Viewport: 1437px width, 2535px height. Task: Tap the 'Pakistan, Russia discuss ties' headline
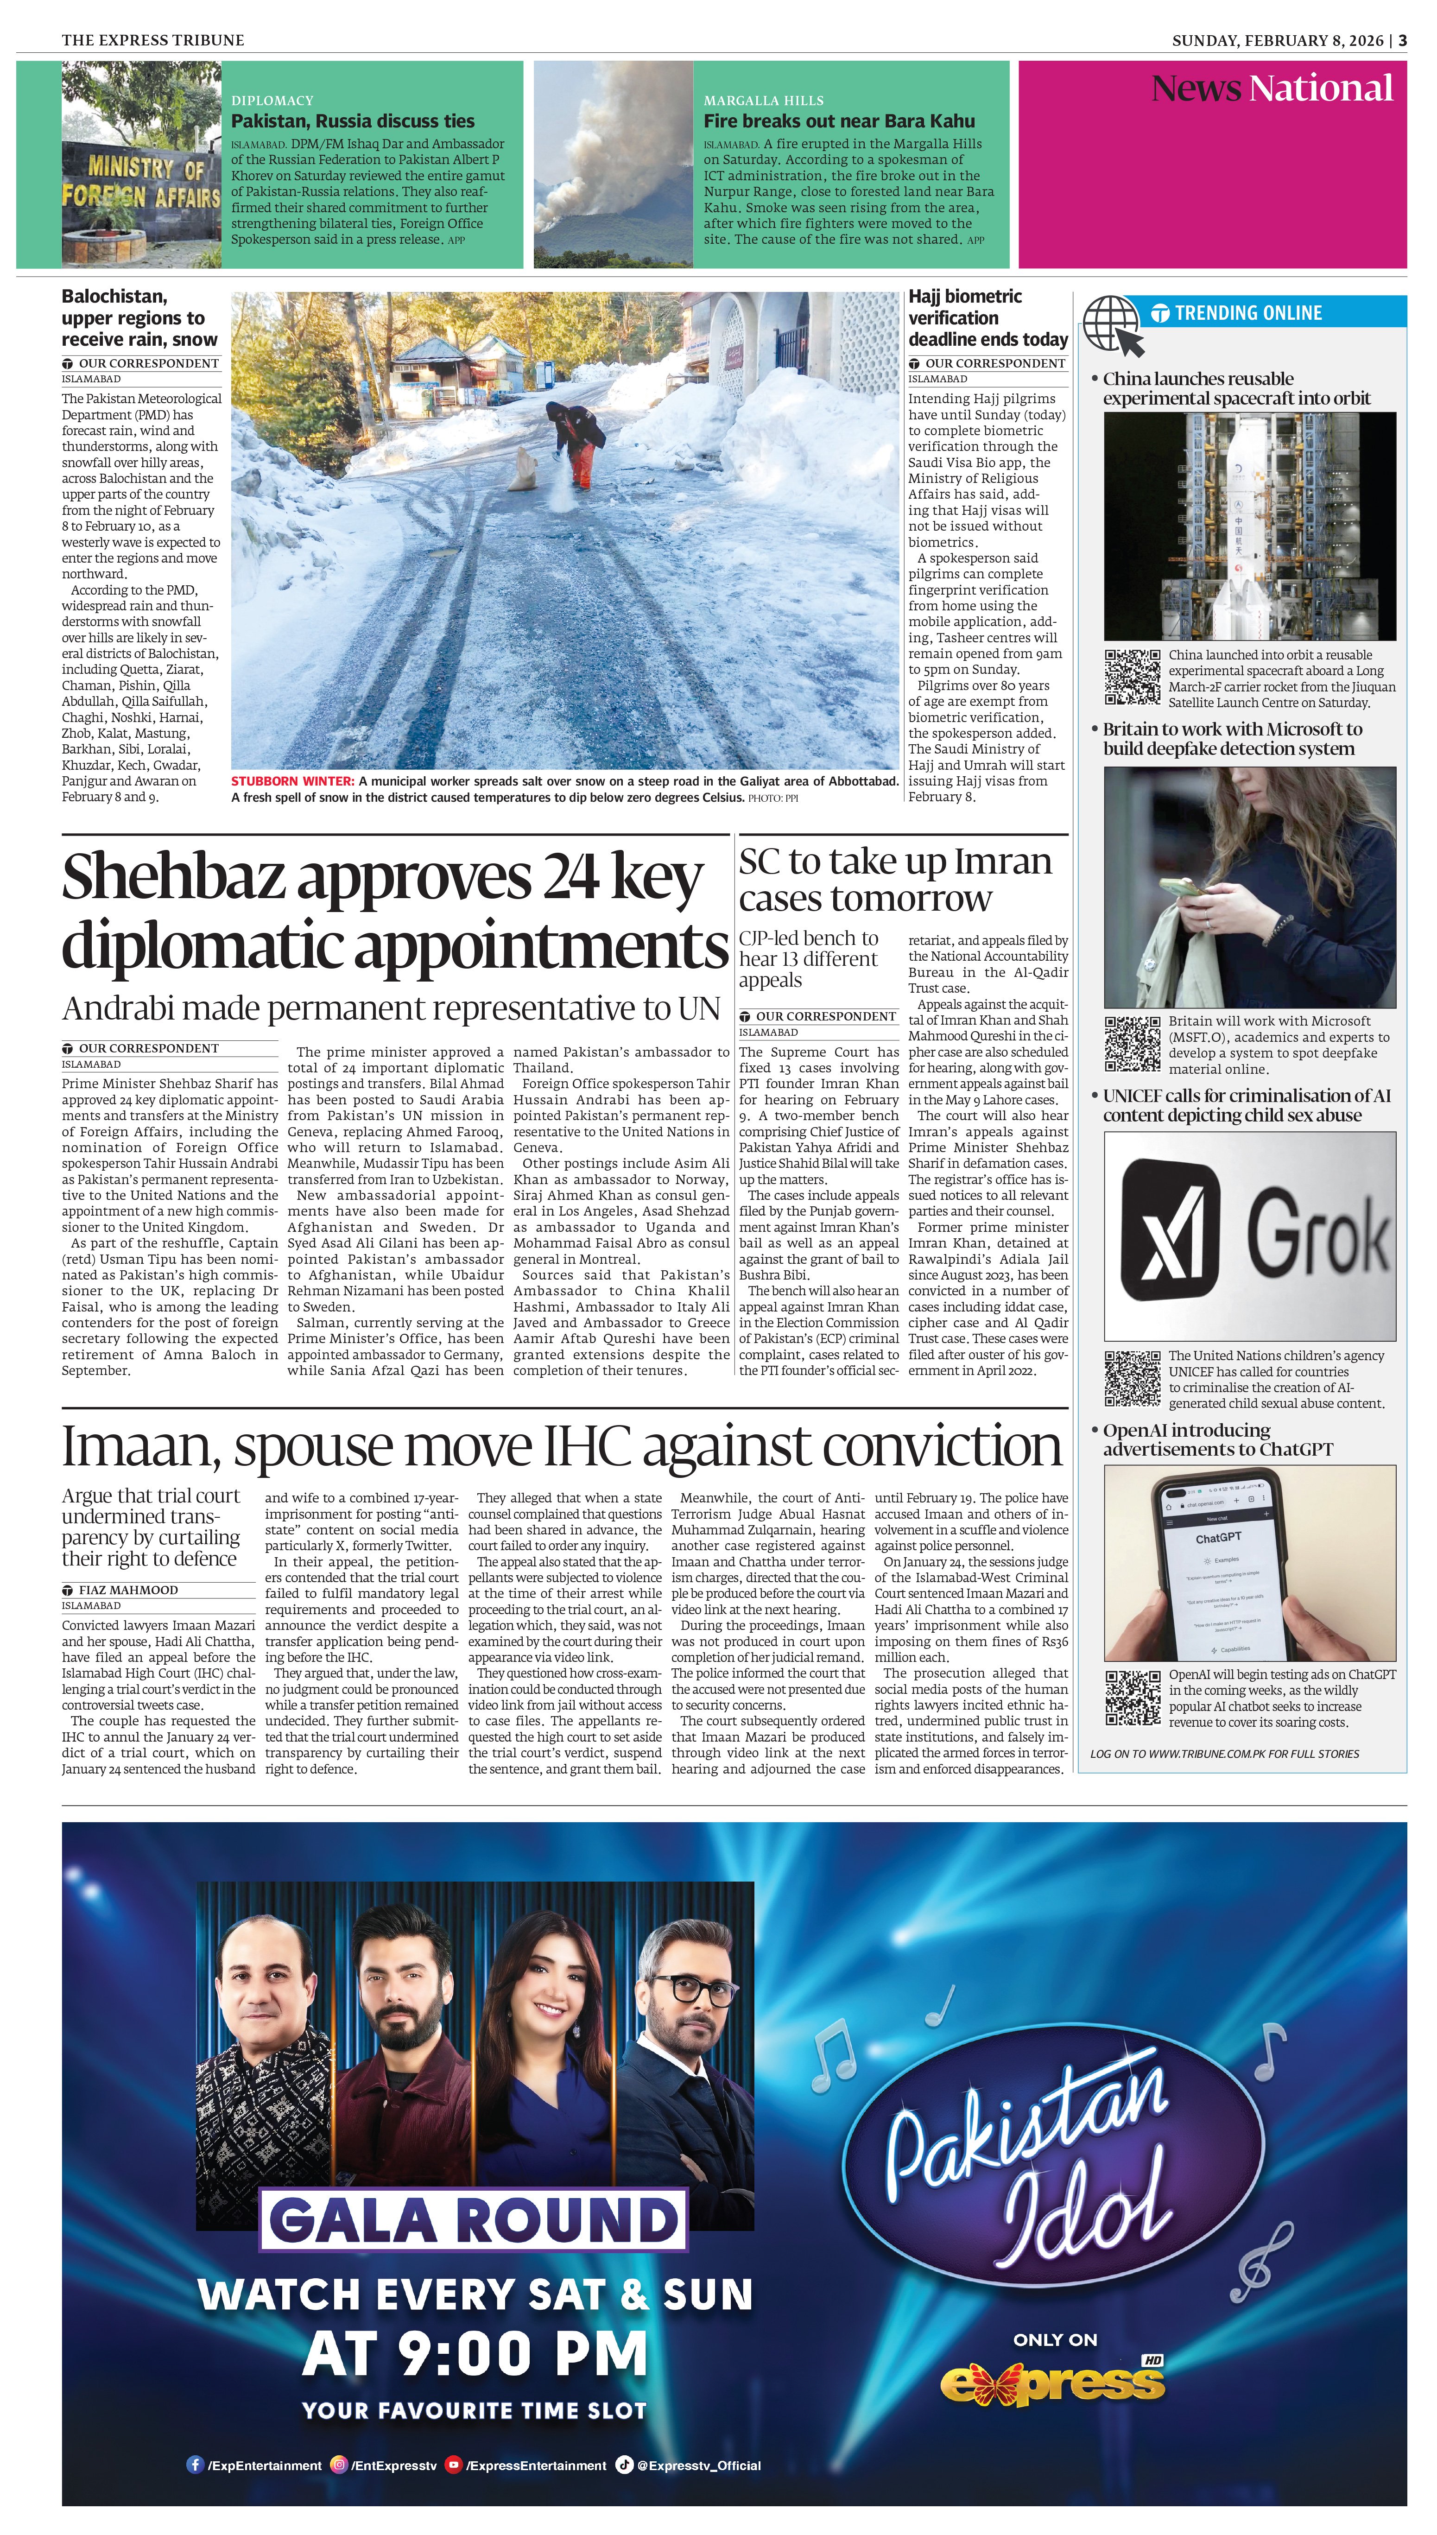pos(352,121)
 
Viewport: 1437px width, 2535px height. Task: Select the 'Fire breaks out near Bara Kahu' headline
pos(839,121)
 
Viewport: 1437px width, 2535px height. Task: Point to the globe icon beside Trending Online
pos(1113,325)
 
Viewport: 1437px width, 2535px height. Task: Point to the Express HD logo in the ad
pos(1053,2382)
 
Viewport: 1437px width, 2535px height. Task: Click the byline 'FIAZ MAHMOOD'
pos(128,1590)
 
